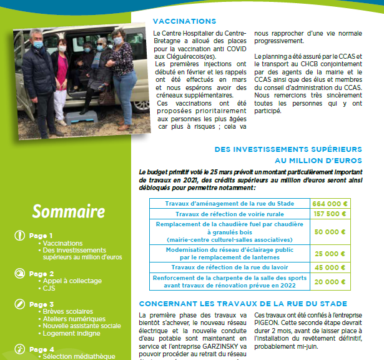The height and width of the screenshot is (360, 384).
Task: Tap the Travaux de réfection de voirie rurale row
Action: [230, 214]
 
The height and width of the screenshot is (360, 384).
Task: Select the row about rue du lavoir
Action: [230, 267]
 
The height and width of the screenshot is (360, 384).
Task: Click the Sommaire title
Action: [68, 211]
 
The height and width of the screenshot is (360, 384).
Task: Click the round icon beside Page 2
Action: [19, 273]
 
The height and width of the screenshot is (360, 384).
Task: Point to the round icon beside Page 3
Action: [19, 304]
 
